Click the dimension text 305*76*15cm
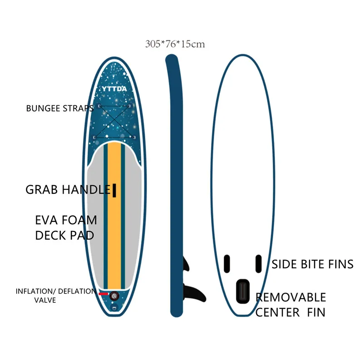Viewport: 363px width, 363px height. tap(175, 44)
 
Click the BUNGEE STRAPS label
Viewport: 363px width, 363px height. tap(59, 108)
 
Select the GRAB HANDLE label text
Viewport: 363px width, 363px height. tap(68, 190)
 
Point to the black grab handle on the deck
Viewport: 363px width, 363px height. tap(114, 191)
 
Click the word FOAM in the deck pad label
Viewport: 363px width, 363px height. tap(80, 221)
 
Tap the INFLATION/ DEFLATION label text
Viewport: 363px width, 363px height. tap(55, 291)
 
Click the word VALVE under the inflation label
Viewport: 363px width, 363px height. tap(45, 300)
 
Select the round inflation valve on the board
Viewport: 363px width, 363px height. tap(114, 295)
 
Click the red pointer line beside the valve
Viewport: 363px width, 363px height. tap(103, 294)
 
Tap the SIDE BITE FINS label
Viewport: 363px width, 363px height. tap(312, 264)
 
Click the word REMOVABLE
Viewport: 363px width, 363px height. tap(291, 298)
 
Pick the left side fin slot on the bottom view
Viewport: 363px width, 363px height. tap(227, 263)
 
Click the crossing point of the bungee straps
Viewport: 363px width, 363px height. tap(113, 121)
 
